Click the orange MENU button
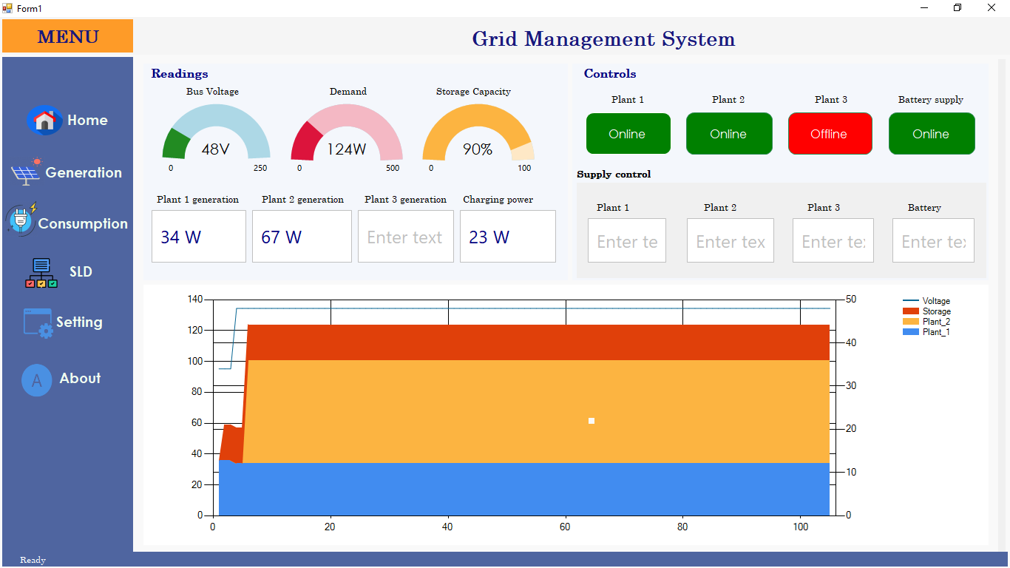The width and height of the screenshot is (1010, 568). [67, 36]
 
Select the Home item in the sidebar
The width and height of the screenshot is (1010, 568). [67, 121]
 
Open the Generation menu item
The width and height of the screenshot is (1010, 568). [67, 172]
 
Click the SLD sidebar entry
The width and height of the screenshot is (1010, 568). [59, 272]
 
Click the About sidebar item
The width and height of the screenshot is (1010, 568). [61, 379]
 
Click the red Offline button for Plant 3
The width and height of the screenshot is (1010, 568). [830, 134]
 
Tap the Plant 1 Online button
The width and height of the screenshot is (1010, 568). [628, 134]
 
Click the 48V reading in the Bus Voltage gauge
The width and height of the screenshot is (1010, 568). [215, 149]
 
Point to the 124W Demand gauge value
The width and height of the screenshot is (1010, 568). [346, 149]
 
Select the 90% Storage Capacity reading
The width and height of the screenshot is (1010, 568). [478, 149]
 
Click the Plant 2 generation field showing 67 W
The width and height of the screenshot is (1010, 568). [302, 236]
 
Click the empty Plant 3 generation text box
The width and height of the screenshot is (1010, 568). [406, 236]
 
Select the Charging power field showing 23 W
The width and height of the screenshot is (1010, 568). [508, 236]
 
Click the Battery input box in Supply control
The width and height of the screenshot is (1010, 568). [933, 240]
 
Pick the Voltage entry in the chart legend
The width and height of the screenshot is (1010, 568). [926, 301]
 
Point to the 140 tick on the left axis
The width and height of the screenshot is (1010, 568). [195, 299]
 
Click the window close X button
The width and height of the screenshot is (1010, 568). [992, 7]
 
